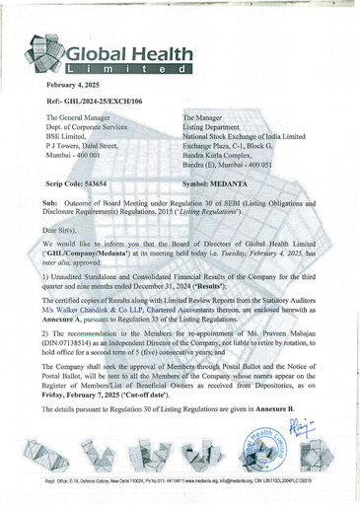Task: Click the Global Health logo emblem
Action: [50, 60]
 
